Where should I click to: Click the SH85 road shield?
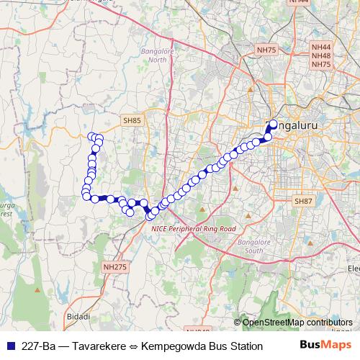(x=132, y=122)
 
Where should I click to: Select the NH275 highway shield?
(x=114, y=266)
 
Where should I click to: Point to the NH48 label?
(x=320, y=55)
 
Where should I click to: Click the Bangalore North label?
(x=153, y=55)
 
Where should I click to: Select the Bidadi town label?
(x=78, y=317)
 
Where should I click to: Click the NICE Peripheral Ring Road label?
(x=194, y=228)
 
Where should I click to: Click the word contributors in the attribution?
(x=330, y=323)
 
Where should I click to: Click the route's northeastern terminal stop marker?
(x=273, y=124)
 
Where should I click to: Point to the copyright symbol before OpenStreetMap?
(x=238, y=323)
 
